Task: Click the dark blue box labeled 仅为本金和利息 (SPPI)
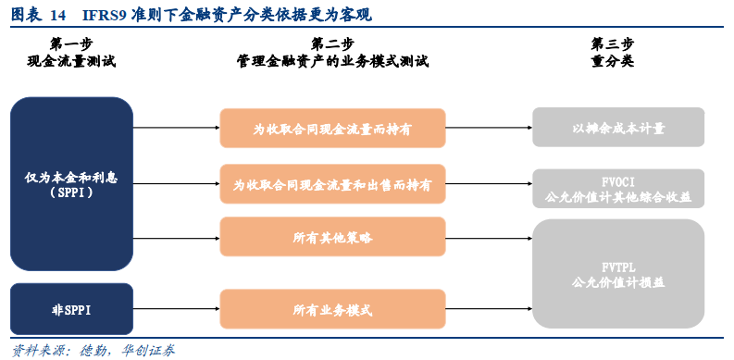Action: point(71,183)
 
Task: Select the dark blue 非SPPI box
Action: point(71,309)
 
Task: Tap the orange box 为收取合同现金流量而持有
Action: point(332,128)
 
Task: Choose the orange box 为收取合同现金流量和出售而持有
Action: point(332,184)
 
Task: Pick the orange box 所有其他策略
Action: point(332,238)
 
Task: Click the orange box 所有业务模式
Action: point(332,309)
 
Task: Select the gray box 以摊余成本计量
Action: point(617,128)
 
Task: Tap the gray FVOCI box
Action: point(617,188)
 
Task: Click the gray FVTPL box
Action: point(617,274)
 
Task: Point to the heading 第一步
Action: point(71,44)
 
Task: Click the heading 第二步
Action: point(332,44)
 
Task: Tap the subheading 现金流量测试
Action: point(71,62)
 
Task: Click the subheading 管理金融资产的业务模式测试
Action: point(332,62)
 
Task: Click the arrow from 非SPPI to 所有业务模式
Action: point(176,309)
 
